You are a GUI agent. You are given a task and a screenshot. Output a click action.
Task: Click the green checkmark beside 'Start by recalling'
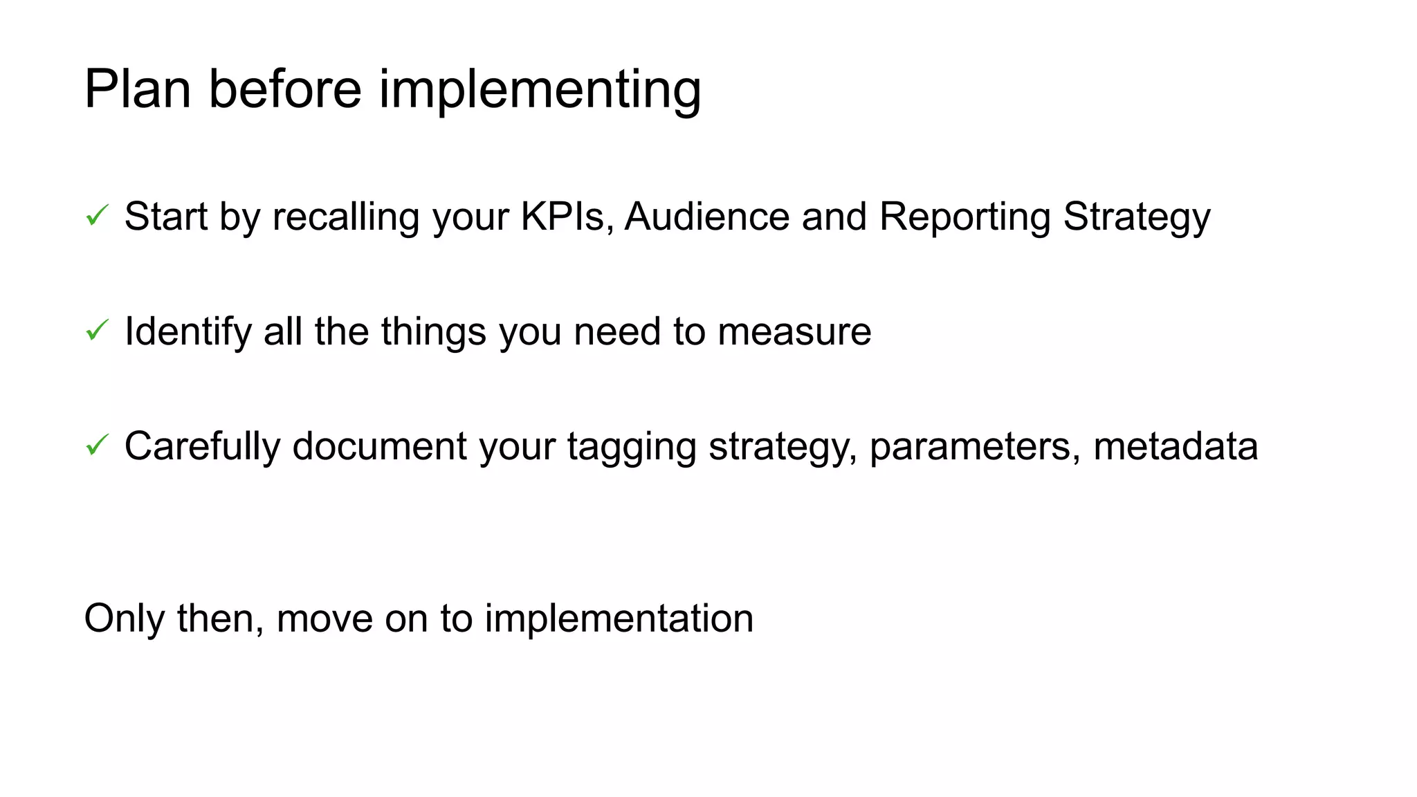point(97,216)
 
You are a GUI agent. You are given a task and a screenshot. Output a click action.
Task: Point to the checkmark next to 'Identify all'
point(97,331)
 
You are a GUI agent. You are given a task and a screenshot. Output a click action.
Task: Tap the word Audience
point(706,216)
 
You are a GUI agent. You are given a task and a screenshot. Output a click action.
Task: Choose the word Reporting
point(965,217)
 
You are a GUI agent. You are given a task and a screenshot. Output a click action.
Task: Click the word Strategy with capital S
point(1136,217)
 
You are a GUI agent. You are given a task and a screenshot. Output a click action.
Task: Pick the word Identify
point(188,331)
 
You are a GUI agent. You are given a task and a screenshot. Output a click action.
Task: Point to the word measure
point(794,332)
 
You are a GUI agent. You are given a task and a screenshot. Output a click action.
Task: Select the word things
point(433,332)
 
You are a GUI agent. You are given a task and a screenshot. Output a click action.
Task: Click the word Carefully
point(202,446)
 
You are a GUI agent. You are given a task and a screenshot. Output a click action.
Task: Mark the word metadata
point(1175,446)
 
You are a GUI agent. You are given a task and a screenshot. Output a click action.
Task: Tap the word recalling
point(346,217)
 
